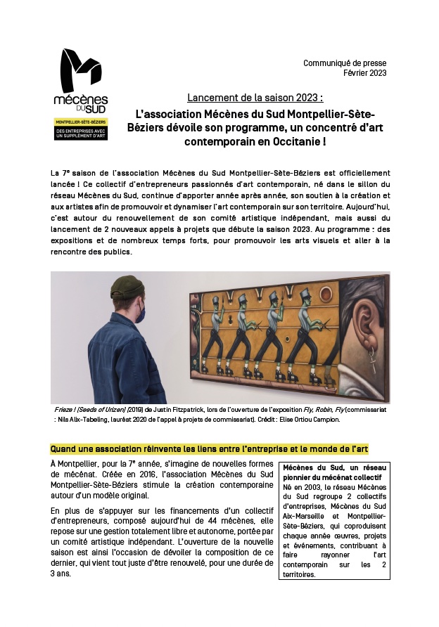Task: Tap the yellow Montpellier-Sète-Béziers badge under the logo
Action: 80,129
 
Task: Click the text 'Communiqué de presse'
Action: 345,63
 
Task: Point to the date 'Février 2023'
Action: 364,73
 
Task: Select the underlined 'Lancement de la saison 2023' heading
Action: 255,97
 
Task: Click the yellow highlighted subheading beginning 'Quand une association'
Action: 210,448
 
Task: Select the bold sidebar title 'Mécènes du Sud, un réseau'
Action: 335,467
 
